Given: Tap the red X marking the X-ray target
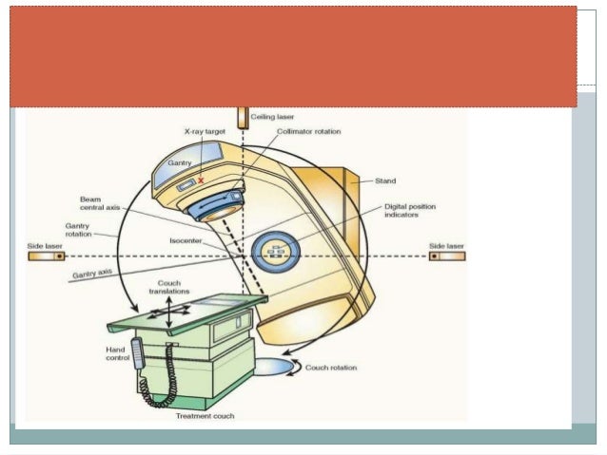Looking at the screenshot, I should [201, 179].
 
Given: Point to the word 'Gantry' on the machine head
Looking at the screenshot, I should [180, 163].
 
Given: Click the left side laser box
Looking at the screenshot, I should [46, 256].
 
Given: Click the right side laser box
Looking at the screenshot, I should [446, 256].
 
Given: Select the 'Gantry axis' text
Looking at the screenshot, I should [91, 275].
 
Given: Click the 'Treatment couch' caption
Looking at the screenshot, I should [206, 415].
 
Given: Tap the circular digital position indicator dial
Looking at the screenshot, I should [277, 252].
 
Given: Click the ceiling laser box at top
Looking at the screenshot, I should [243, 117].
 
